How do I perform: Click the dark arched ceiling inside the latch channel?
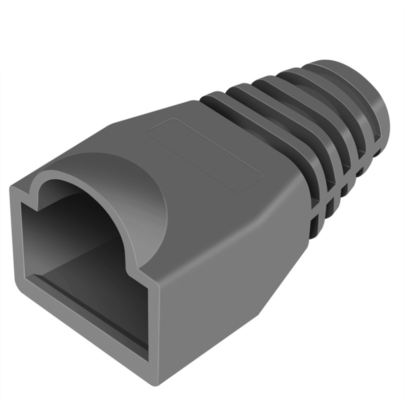click(x=76, y=202)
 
